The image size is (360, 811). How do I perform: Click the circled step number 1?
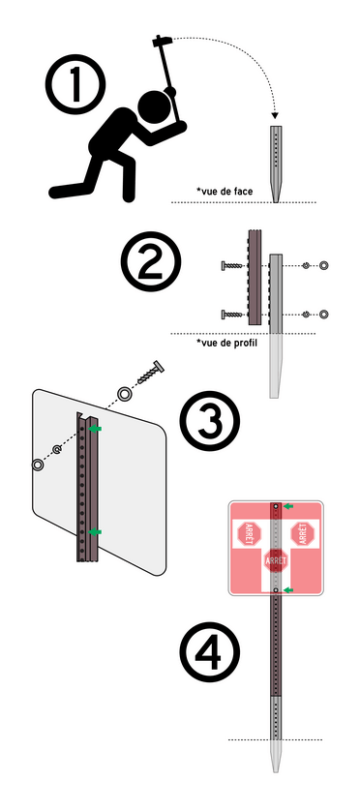tap(75, 84)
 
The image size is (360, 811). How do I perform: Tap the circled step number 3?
tap(210, 420)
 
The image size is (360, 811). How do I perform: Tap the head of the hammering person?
tap(155, 107)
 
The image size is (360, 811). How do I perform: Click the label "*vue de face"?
tap(225, 192)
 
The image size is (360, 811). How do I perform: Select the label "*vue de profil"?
tap(228, 343)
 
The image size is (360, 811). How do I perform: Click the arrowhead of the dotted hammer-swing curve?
tap(275, 116)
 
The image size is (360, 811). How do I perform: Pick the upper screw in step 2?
tap(233, 266)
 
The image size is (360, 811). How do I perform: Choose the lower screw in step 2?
tap(233, 314)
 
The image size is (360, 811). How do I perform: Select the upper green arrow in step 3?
tap(95, 429)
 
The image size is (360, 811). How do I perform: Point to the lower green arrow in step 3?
tap(95, 531)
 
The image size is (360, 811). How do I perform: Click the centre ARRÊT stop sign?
tap(276, 560)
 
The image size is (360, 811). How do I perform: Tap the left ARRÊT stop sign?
tap(250, 533)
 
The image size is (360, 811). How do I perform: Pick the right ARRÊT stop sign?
tap(303, 533)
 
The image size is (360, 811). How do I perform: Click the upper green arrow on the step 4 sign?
tap(288, 506)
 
